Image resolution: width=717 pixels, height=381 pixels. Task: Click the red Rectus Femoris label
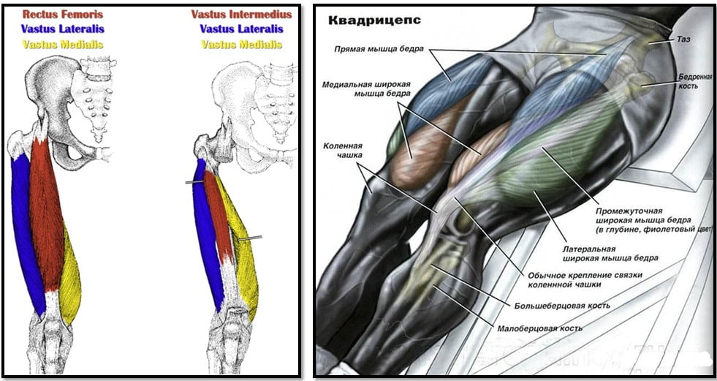click(63, 14)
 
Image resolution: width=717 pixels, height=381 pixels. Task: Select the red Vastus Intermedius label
click(241, 14)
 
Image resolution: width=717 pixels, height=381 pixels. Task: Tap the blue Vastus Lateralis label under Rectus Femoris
click(63, 29)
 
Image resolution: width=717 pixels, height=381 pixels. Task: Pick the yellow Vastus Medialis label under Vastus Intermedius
click(241, 45)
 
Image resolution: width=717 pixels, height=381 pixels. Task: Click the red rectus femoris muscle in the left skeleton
click(46, 215)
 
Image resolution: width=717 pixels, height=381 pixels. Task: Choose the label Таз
click(683, 39)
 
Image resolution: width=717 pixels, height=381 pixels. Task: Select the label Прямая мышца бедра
click(379, 49)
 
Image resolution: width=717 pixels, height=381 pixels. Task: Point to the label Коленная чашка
click(343, 151)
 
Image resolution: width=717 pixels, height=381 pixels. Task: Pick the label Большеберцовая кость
click(562, 305)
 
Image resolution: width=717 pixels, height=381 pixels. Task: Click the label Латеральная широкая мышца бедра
click(610, 253)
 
